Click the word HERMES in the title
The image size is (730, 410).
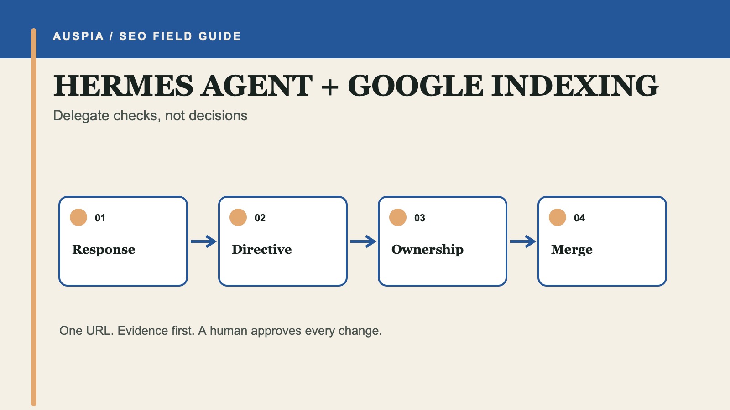123,86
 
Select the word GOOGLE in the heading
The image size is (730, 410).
415,86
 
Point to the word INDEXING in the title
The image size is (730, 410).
575,86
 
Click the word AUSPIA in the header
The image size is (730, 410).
78,36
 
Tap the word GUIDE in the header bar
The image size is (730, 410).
219,36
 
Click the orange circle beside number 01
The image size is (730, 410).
78,217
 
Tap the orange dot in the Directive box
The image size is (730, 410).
238,217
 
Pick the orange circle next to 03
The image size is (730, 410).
398,217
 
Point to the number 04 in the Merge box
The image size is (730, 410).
579,218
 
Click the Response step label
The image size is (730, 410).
104,250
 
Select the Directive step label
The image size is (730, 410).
262,249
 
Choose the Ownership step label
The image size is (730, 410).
427,250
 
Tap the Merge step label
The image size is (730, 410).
572,250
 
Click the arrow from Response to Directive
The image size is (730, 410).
203,241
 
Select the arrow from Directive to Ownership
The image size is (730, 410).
363,241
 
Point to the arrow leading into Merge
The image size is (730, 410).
523,241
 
